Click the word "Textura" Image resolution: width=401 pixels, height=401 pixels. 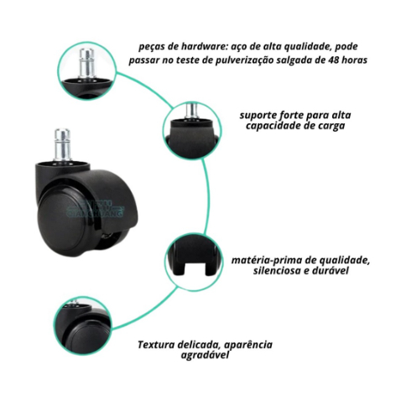[155, 345]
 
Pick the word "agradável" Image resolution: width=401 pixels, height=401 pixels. [205, 355]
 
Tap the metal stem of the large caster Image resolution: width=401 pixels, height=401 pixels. [62, 144]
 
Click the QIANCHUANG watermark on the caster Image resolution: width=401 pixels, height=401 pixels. [95, 210]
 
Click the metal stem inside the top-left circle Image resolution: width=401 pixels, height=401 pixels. [87, 64]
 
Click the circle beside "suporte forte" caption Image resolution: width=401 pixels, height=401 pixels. [191, 131]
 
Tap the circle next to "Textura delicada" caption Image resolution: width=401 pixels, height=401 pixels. [82, 325]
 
